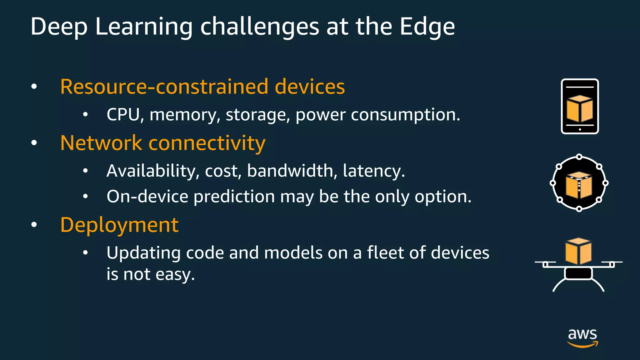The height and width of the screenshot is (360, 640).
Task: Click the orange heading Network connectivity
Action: pyautogui.click(x=163, y=143)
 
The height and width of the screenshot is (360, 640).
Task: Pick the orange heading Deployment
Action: pyautogui.click(x=119, y=225)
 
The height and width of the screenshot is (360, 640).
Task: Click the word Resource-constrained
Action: pyautogui.click(x=164, y=87)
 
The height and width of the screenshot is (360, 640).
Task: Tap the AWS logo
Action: pyautogui.click(x=582, y=337)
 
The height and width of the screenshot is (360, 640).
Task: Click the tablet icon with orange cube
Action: pyautogui.click(x=580, y=106)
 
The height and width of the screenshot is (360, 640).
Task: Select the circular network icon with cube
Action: pyautogui.click(x=579, y=183)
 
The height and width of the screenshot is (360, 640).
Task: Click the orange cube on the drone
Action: pyautogui.click(x=578, y=251)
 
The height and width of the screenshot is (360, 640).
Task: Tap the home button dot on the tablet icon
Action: pyautogui.click(x=580, y=129)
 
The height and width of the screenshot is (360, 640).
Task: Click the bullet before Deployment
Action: pyautogui.click(x=34, y=225)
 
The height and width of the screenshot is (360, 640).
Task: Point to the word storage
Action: pyautogui.click(x=256, y=115)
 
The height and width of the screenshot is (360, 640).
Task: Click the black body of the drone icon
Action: pyautogui.click(x=578, y=273)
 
